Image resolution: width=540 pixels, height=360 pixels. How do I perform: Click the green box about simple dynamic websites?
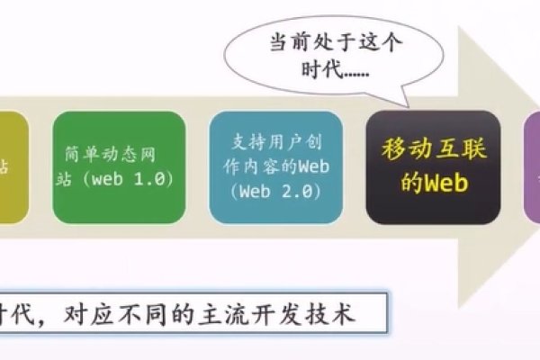coord(113,166)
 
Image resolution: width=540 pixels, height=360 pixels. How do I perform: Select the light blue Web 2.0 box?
coord(276,166)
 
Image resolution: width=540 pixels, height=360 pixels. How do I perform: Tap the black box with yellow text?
coord(433,166)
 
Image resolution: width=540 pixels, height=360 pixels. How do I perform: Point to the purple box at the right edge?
coord(532,166)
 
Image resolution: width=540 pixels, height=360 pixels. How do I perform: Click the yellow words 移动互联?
coord(434,149)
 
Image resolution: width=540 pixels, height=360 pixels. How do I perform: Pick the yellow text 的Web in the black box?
coord(434,183)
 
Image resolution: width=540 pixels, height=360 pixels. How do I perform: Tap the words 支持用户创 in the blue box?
coord(276,141)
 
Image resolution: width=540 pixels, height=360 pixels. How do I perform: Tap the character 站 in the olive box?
coord(6,166)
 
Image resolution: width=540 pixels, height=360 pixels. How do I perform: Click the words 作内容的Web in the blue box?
coord(276,166)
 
